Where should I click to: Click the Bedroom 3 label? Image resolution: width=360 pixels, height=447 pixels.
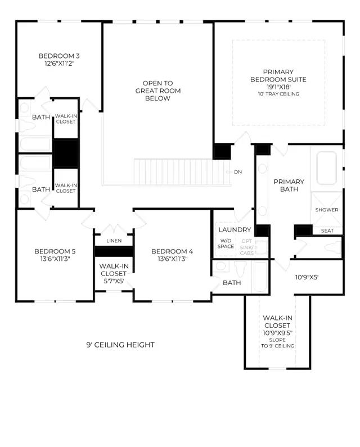(58, 56)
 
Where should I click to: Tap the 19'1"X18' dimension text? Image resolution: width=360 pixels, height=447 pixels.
(278, 87)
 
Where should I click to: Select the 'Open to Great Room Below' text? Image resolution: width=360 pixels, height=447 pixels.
(157, 91)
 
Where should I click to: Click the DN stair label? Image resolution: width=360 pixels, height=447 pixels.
(237, 172)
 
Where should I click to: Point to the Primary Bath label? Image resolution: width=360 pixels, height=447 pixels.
(289, 186)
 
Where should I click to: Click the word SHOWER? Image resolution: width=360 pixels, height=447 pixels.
(327, 210)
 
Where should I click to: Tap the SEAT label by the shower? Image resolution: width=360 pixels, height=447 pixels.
(327, 231)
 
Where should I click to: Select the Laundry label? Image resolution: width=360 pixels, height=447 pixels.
(235, 230)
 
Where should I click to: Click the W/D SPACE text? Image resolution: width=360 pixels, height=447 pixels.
(226, 243)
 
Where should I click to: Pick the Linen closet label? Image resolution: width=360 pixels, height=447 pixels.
(114, 241)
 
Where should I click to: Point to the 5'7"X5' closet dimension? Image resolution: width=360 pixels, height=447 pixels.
(114, 281)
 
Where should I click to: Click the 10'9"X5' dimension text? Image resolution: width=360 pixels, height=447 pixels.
(307, 277)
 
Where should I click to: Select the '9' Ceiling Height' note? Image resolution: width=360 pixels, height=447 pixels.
(120, 345)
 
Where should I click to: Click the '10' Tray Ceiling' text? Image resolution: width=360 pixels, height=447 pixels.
(278, 94)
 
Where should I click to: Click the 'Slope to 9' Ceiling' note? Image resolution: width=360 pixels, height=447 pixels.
(277, 342)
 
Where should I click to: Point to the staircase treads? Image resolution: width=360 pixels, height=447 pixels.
(182, 172)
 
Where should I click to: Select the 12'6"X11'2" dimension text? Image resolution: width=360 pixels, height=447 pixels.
(59, 64)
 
